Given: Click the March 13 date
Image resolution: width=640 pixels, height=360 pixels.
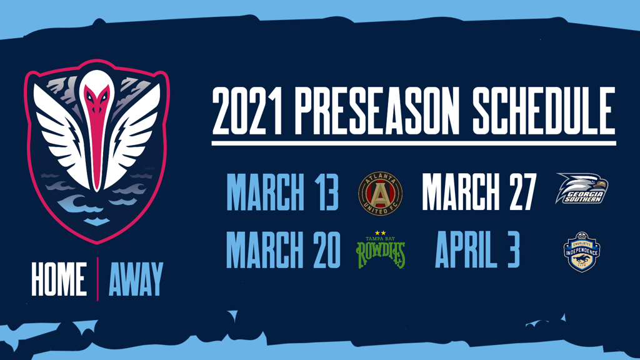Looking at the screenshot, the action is click(282, 192).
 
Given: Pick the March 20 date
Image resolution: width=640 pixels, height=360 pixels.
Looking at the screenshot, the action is click(283, 249).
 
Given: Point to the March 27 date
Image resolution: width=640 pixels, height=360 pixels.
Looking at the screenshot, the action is click(479, 192).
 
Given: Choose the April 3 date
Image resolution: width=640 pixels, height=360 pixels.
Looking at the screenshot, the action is click(477, 249).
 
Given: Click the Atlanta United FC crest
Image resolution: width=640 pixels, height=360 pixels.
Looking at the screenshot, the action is click(380, 194).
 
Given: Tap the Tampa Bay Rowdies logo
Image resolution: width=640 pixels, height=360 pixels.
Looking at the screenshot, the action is click(381, 249).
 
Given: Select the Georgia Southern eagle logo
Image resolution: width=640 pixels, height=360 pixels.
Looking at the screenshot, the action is click(582, 188).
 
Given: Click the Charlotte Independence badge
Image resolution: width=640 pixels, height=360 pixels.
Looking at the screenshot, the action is click(582, 252).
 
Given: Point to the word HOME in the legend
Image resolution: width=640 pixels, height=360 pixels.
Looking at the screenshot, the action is click(59, 279).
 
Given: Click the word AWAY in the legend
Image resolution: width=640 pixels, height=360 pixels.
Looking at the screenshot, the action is click(136, 279).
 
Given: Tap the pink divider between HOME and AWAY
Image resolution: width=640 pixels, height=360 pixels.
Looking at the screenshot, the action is click(97, 279).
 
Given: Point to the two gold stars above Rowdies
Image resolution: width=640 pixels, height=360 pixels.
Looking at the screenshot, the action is click(380, 233).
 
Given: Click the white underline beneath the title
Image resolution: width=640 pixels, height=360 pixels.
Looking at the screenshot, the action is click(414, 143).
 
